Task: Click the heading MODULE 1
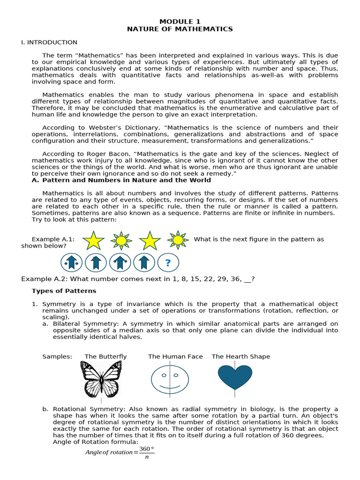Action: pos(180,22)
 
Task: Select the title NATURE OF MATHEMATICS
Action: pos(180,29)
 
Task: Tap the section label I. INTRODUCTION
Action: pos(49,42)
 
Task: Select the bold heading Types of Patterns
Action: pos(64,291)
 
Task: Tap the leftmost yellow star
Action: pos(94,240)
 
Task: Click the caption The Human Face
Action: pos(175,357)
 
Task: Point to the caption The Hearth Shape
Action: pos(241,357)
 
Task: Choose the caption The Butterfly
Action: pos(105,357)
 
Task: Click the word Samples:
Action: pos(57,357)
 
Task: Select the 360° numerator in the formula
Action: pos(147,449)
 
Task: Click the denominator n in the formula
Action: pos(147,457)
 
